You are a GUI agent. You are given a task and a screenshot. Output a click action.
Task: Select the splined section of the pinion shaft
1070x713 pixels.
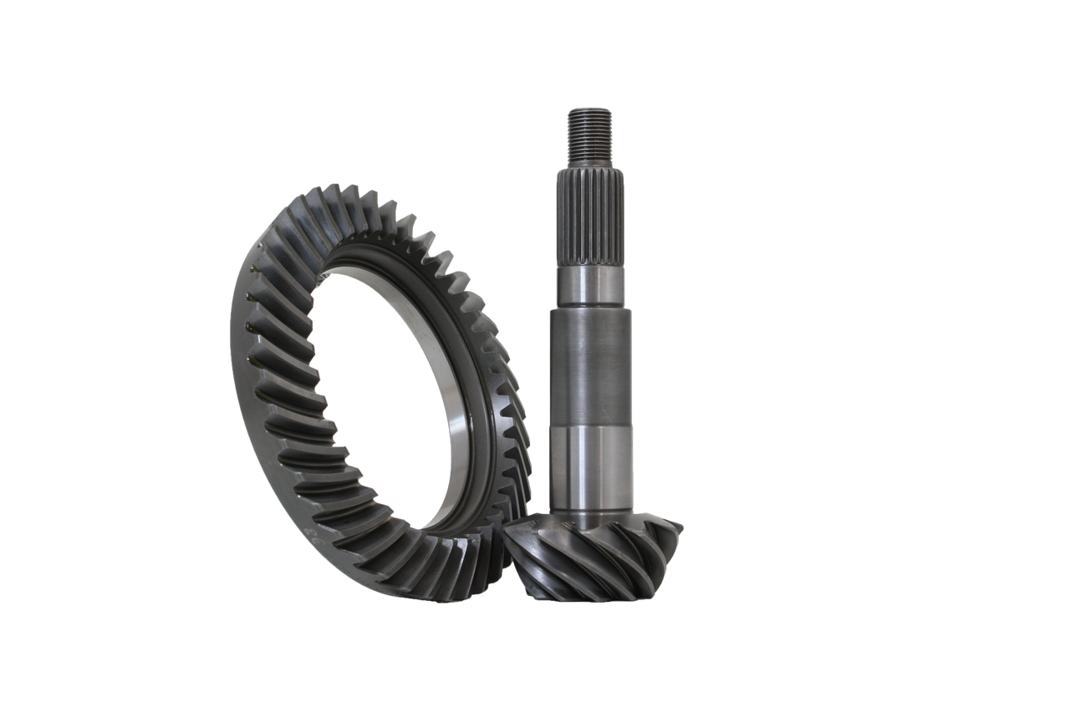(590, 217)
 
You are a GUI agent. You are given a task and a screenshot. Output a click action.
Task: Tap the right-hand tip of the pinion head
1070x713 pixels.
(680, 527)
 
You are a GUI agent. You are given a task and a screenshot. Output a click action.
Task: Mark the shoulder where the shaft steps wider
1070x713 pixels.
(591, 307)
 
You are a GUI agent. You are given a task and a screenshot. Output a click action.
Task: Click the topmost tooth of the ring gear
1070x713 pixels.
(332, 191)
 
